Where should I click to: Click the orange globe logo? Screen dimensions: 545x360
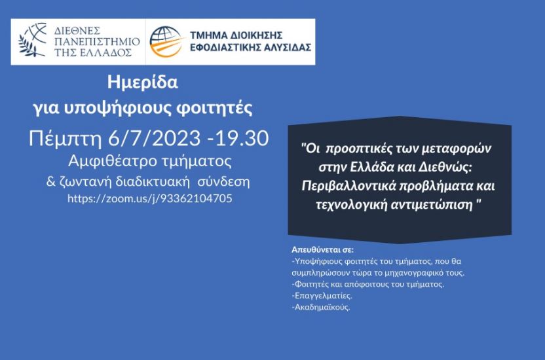pos(166,42)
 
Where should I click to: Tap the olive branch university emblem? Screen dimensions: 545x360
pos(33,41)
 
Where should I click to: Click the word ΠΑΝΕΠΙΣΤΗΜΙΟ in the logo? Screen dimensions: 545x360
pos(97,42)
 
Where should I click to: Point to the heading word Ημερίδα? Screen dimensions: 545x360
pos(143,82)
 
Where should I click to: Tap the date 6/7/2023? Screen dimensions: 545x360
pos(155,138)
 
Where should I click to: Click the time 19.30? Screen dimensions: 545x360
pos(242,138)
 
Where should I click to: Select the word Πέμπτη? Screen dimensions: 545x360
pos(65,139)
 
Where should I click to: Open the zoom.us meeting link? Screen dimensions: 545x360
pos(150,198)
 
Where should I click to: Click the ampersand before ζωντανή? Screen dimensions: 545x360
pos(51,181)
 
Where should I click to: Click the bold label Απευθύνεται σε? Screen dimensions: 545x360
pos(322,249)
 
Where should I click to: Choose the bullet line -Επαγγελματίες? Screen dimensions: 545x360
pos(322,296)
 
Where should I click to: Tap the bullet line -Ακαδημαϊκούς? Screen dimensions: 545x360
pos(321,307)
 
